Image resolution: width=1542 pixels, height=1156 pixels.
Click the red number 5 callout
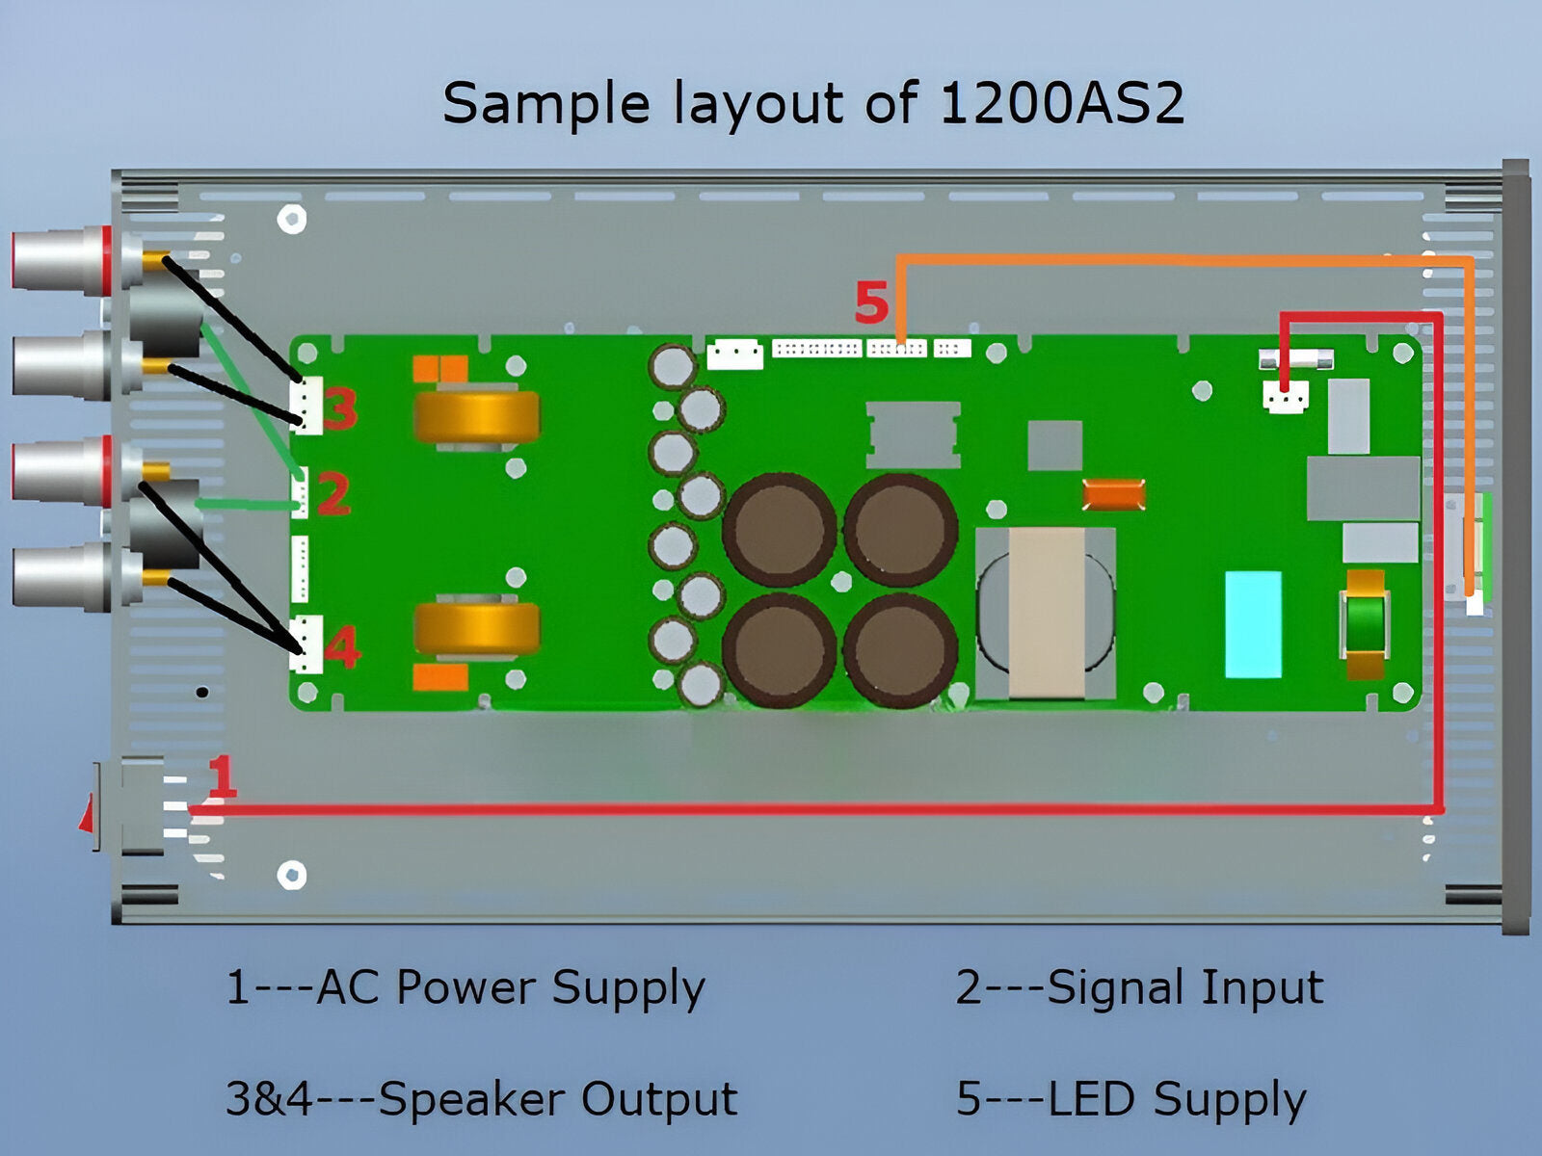click(870, 303)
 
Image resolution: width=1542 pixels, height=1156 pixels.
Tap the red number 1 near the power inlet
click(222, 776)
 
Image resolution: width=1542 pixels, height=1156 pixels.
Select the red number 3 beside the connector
click(339, 408)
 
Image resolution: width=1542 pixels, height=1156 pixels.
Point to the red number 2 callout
click(332, 495)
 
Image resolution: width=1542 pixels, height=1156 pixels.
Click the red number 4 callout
click(341, 647)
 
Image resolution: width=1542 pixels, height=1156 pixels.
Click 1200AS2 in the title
click(1060, 103)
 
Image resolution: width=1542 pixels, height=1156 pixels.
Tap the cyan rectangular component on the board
click(1253, 624)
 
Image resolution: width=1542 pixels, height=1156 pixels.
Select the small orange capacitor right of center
click(1113, 494)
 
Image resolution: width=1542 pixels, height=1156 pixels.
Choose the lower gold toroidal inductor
click(477, 628)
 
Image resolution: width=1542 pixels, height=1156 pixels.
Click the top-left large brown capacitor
click(779, 529)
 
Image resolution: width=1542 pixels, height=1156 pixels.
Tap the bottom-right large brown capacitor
click(900, 650)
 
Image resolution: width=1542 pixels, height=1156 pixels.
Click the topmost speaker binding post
click(63, 260)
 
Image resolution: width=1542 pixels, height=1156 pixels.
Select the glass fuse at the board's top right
click(1296, 359)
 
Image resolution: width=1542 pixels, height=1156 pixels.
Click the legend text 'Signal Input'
click(1184, 987)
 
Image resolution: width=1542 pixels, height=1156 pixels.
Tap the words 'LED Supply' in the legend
click(1176, 1098)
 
